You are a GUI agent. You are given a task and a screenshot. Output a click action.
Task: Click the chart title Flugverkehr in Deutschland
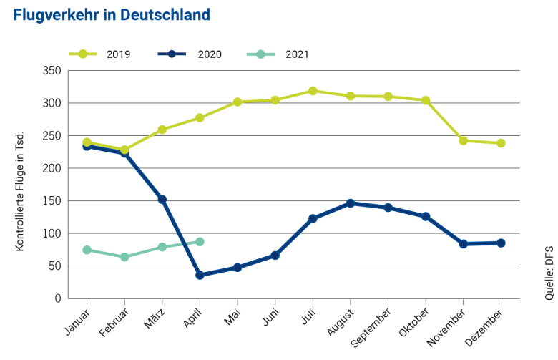click(x=112, y=15)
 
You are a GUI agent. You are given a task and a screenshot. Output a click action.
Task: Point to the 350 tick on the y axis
click(x=52, y=71)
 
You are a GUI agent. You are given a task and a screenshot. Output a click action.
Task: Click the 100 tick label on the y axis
click(x=52, y=234)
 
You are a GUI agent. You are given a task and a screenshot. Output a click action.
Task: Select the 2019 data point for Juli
click(x=313, y=91)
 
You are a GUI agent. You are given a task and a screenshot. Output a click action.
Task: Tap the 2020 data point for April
click(x=200, y=275)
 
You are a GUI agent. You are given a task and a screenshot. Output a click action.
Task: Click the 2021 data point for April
click(x=200, y=242)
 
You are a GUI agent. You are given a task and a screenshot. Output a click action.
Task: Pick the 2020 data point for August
click(x=351, y=203)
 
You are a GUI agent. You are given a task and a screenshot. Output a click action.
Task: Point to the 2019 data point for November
click(x=464, y=141)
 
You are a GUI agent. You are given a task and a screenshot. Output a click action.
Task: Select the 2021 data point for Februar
click(x=124, y=257)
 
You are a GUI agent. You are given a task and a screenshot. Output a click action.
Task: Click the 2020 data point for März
click(x=162, y=200)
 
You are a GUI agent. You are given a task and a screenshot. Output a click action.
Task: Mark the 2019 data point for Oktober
click(x=426, y=100)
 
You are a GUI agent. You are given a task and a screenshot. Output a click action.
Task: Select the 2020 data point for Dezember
click(x=501, y=243)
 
